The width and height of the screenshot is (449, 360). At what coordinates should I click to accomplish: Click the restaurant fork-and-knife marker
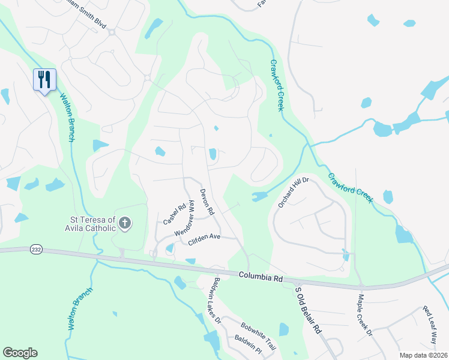pos(44,80)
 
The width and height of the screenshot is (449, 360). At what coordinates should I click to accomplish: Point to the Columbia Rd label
pos(260,277)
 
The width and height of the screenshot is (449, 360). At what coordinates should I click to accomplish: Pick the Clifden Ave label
pos(204,237)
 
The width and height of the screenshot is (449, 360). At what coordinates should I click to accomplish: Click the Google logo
pos(20,353)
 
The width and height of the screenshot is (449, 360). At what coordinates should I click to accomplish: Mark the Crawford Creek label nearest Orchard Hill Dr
pos(351,187)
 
